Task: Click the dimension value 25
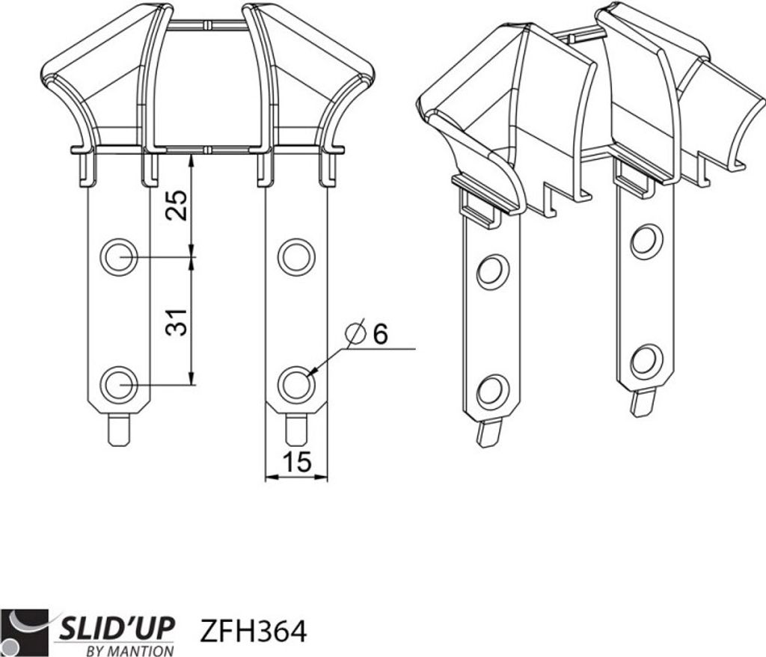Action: click(x=177, y=205)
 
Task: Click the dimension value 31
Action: click(x=176, y=322)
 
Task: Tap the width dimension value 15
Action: click(x=296, y=461)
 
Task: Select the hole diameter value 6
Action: click(x=379, y=334)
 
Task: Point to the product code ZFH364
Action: click(x=254, y=631)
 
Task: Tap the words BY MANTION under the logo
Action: click(x=129, y=651)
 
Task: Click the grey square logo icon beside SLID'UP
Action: click(x=25, y=633)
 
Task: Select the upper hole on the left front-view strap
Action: click(x=119, y=257)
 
